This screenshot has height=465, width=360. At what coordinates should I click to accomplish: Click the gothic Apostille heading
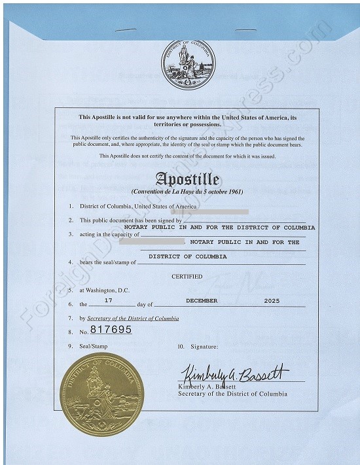[187, 179]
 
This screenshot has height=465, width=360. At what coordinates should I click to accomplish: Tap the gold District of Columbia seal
[101, 395]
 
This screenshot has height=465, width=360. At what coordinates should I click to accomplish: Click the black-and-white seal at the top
[189, 64]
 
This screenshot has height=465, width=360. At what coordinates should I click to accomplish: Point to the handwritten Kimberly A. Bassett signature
[234, 375]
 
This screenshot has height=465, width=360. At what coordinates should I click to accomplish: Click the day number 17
[109, 301]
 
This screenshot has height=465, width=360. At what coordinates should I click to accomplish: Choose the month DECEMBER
[202, 301]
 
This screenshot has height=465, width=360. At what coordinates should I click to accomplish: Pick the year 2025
[271, 301]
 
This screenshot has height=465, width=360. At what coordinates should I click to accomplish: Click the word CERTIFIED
[187, 277]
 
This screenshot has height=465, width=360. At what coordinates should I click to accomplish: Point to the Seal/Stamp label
[94, 345]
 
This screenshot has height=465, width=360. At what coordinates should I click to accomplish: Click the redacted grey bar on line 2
[209, 212]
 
